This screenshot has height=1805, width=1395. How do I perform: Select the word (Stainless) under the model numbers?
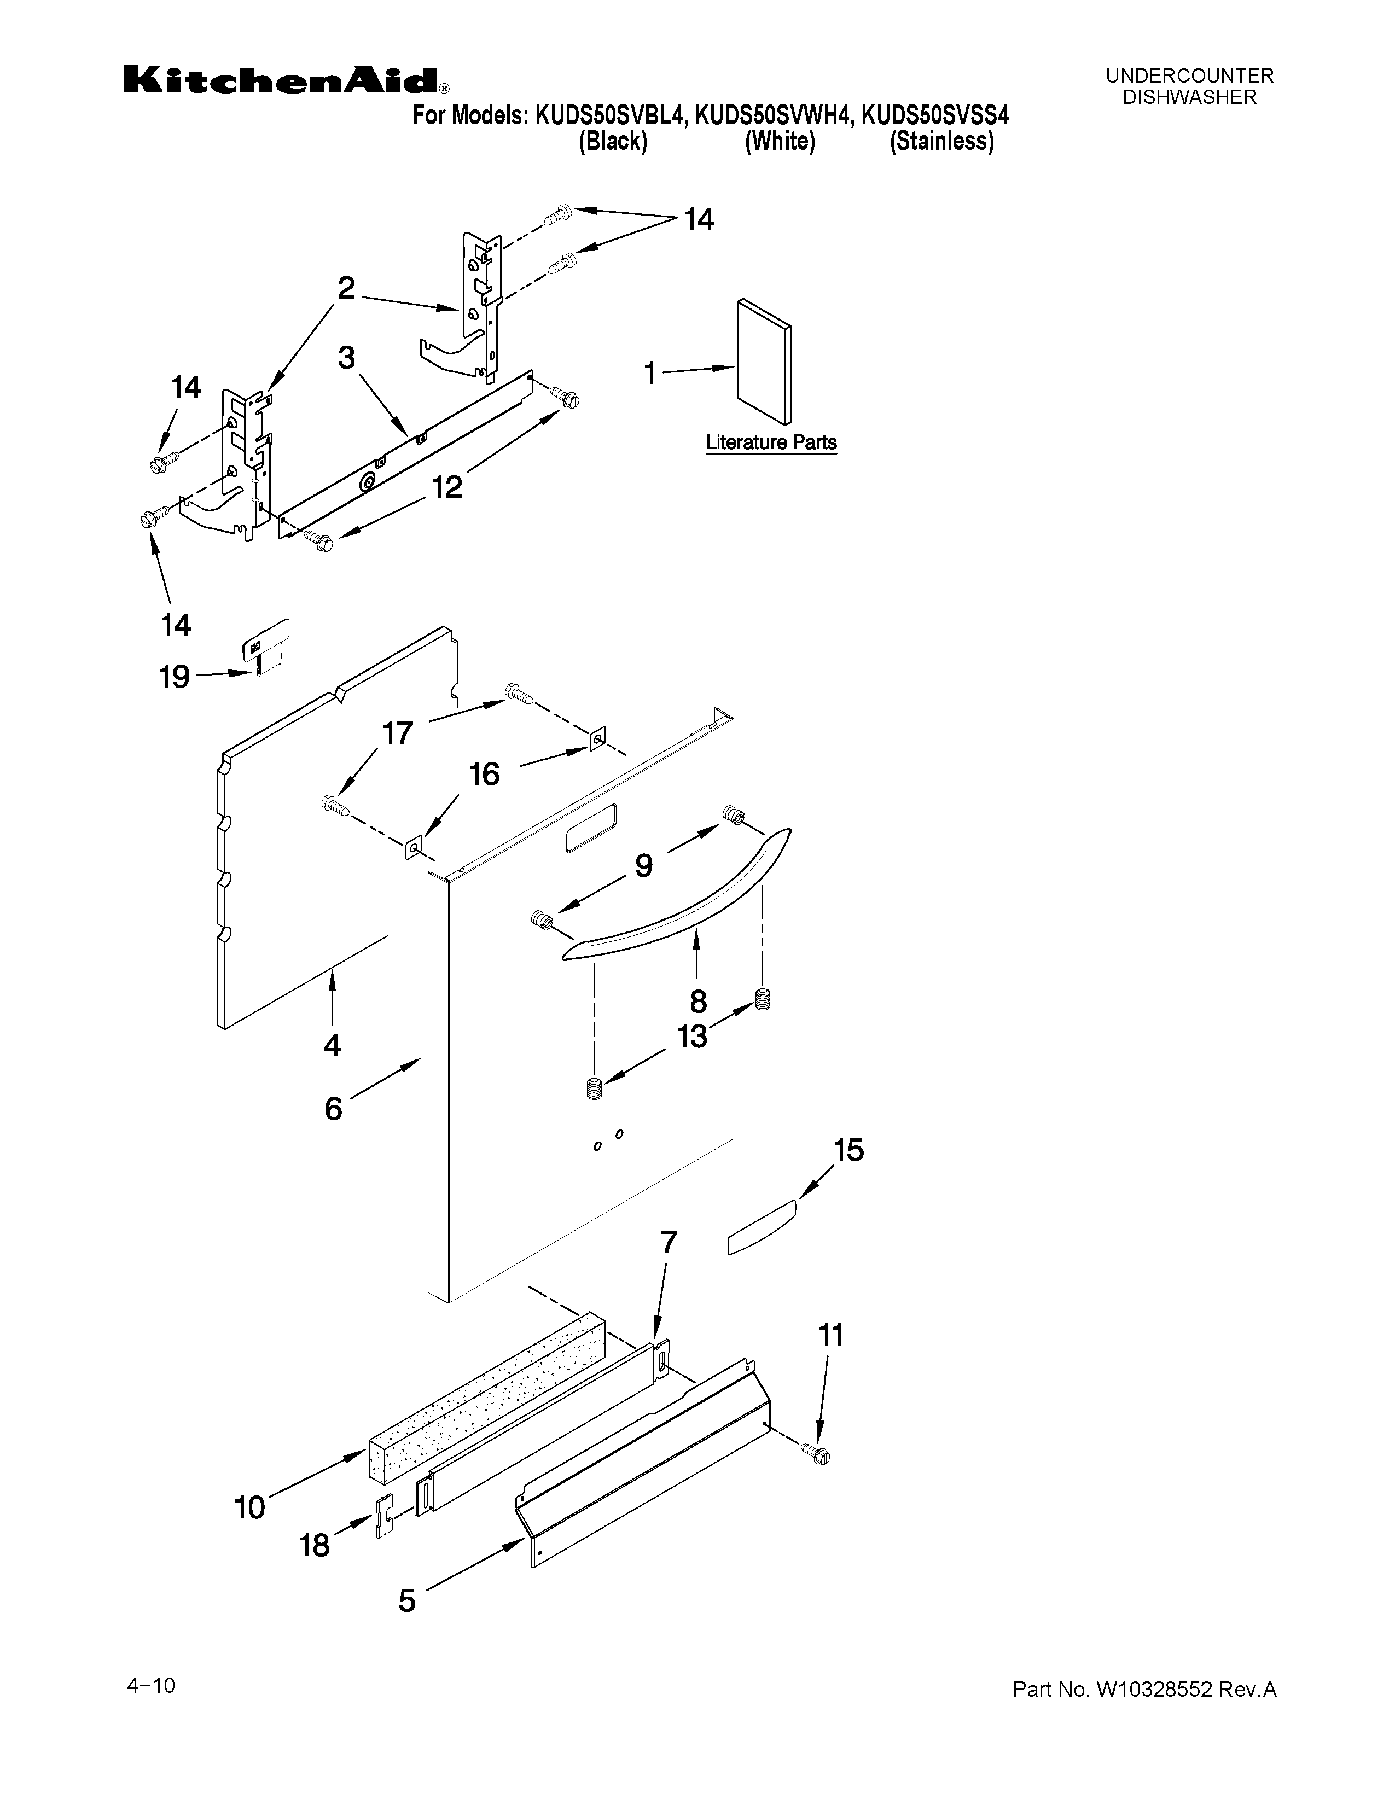coord(941,141)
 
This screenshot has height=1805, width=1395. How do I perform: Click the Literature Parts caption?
coord(770,443)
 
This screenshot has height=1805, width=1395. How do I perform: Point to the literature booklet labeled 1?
coord(763,360)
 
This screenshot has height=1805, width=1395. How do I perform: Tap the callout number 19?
coord(175,678)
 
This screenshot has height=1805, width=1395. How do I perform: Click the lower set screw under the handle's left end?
coord(592,1089)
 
